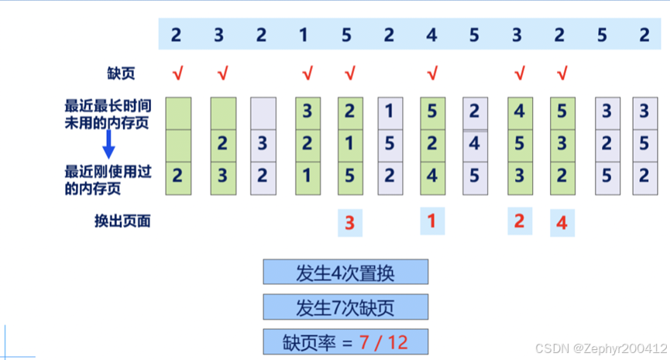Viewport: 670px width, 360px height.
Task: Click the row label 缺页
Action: (x=120, y=74)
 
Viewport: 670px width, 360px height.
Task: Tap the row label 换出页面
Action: (x=120, y=221)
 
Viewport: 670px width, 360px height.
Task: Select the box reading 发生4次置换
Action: (x=345, y=273)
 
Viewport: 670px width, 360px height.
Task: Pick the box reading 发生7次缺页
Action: (x=345, y=307)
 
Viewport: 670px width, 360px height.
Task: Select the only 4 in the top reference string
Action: (x=432, y=35)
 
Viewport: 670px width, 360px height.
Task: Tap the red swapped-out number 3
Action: (x=349, y=224)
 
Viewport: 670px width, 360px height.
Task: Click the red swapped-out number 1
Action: (x=432, y=222)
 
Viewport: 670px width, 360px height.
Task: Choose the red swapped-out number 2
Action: (x=519, y=221)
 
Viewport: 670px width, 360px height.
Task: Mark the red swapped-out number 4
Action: (x=562, y=224)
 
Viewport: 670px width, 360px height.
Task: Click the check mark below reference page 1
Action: (x=307, y=74)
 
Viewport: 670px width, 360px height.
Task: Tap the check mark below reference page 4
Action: (x=432, y=74)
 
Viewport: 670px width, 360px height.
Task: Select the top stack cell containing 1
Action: (x=390, y=111)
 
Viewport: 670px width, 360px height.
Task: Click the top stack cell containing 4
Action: (x=519, y=111)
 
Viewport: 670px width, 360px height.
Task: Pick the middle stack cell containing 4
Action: (x=475, y=143)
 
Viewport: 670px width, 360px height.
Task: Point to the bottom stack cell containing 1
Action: (x=307, y=176)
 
